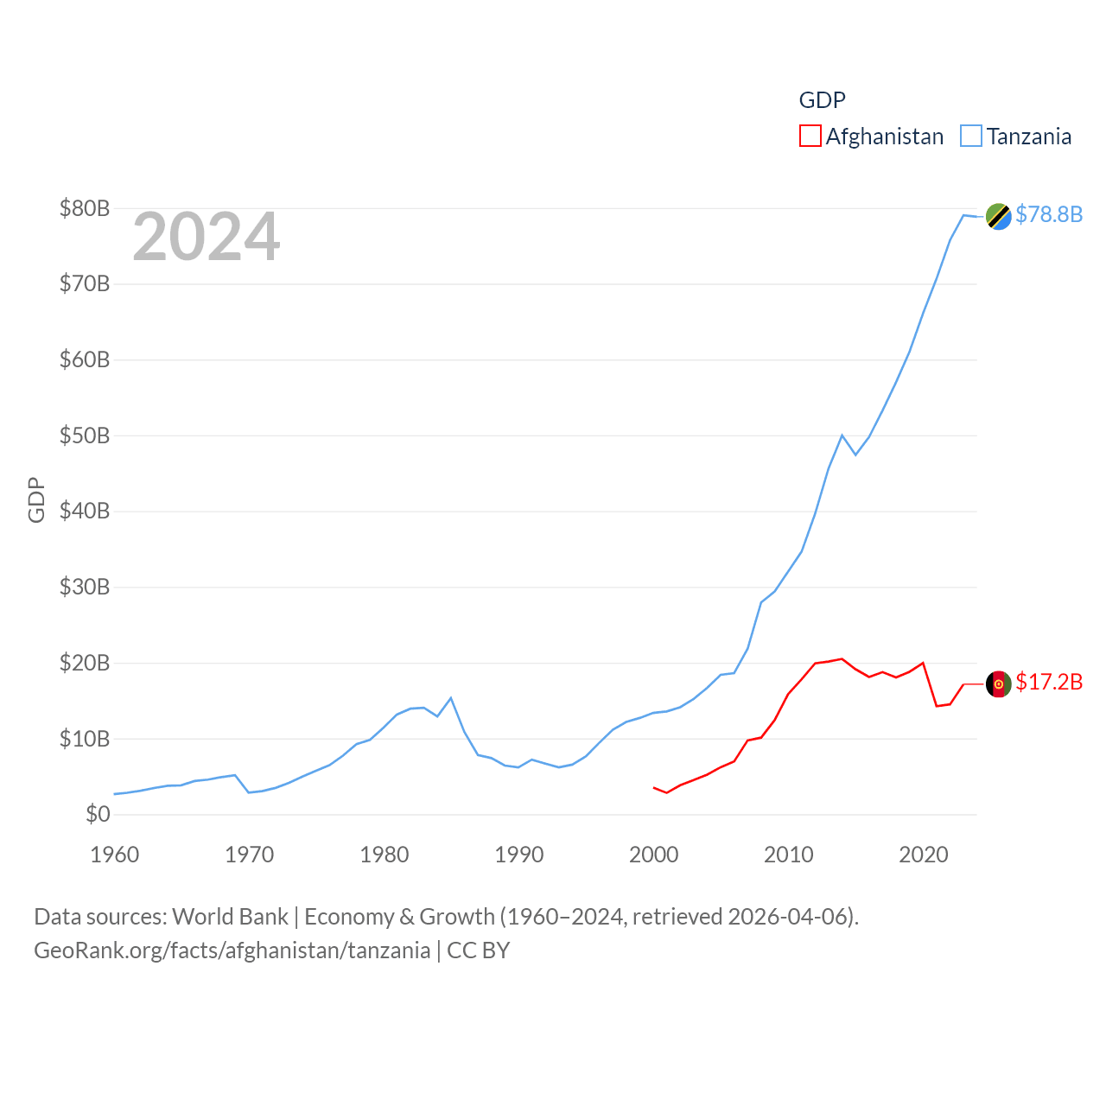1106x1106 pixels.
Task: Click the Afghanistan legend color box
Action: coord(810,137)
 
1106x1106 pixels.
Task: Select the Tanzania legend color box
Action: coord(971,137)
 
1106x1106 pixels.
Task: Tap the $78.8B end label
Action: coord(1048,214)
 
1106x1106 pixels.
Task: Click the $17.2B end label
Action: coord(1048,682)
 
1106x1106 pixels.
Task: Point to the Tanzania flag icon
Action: coord(999,216)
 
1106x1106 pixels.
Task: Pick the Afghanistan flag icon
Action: coord(999,683)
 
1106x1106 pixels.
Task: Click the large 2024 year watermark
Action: coord(206,237)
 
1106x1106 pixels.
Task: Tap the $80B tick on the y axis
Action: coord(85,208)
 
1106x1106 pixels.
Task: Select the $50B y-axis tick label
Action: coord(85,435)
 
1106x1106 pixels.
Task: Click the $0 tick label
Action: coord(98,814)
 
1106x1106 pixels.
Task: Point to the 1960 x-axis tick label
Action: coord(115,855)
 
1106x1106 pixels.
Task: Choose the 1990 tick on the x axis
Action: coord(519,855)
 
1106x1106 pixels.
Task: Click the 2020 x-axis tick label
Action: coord(924,855)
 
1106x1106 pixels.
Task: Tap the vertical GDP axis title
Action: coord(36,499)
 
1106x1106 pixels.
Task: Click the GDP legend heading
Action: coord(822,100)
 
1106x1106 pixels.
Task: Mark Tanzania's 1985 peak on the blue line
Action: coord(451,697)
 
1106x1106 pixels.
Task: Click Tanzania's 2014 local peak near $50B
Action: coord(842,435)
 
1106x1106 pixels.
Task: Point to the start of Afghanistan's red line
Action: coord(654,787)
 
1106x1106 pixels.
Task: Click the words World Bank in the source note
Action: coord(230,916)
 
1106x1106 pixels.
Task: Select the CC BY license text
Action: coord(478,950)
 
